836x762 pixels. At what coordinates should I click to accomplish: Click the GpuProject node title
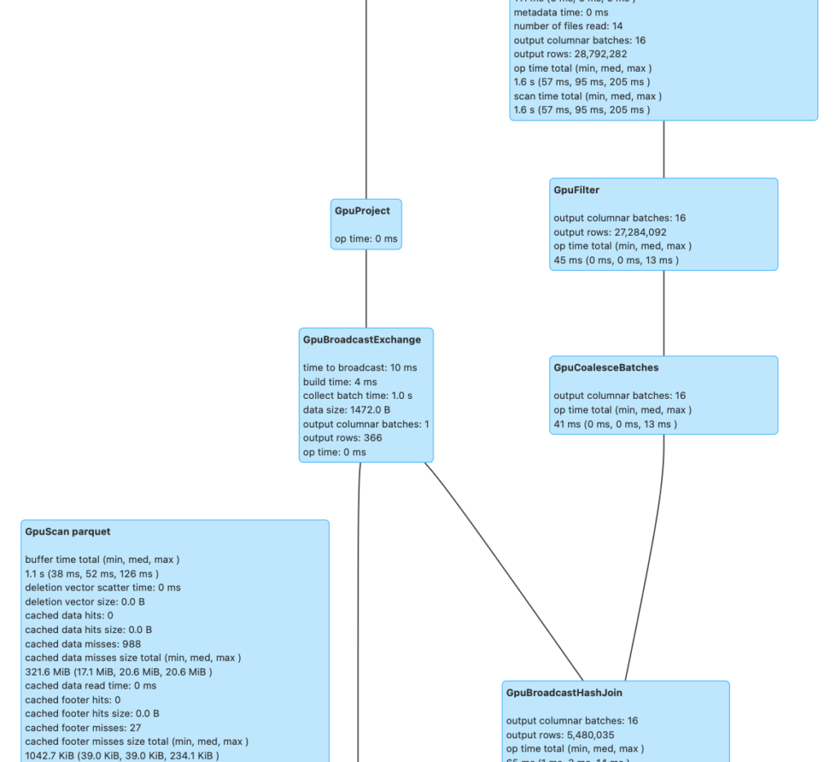point(362,210)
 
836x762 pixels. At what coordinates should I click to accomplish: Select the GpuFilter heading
point(576,190)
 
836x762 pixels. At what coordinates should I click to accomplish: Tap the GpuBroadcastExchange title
point(362,339)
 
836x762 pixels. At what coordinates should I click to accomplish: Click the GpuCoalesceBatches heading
point(606,368)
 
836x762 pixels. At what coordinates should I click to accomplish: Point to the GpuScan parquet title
point(68,532)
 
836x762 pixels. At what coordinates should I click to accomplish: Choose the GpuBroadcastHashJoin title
point(564,693)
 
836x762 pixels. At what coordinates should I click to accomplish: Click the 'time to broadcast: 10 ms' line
point(359,368)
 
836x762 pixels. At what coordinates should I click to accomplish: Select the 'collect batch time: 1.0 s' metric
point(357,396)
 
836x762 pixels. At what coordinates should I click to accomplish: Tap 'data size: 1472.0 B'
point(346,410)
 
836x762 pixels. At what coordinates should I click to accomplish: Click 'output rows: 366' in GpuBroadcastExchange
point(342,438)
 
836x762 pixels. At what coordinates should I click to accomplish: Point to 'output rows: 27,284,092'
point(610,233)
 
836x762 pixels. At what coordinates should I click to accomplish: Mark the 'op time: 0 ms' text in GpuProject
point(366,239)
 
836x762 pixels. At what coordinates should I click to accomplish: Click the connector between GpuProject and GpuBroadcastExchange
point(366,289)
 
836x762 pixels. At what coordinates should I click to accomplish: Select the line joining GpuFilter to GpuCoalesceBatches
point(663,313)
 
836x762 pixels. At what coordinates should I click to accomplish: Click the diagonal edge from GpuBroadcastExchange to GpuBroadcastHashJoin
point(504,571)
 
